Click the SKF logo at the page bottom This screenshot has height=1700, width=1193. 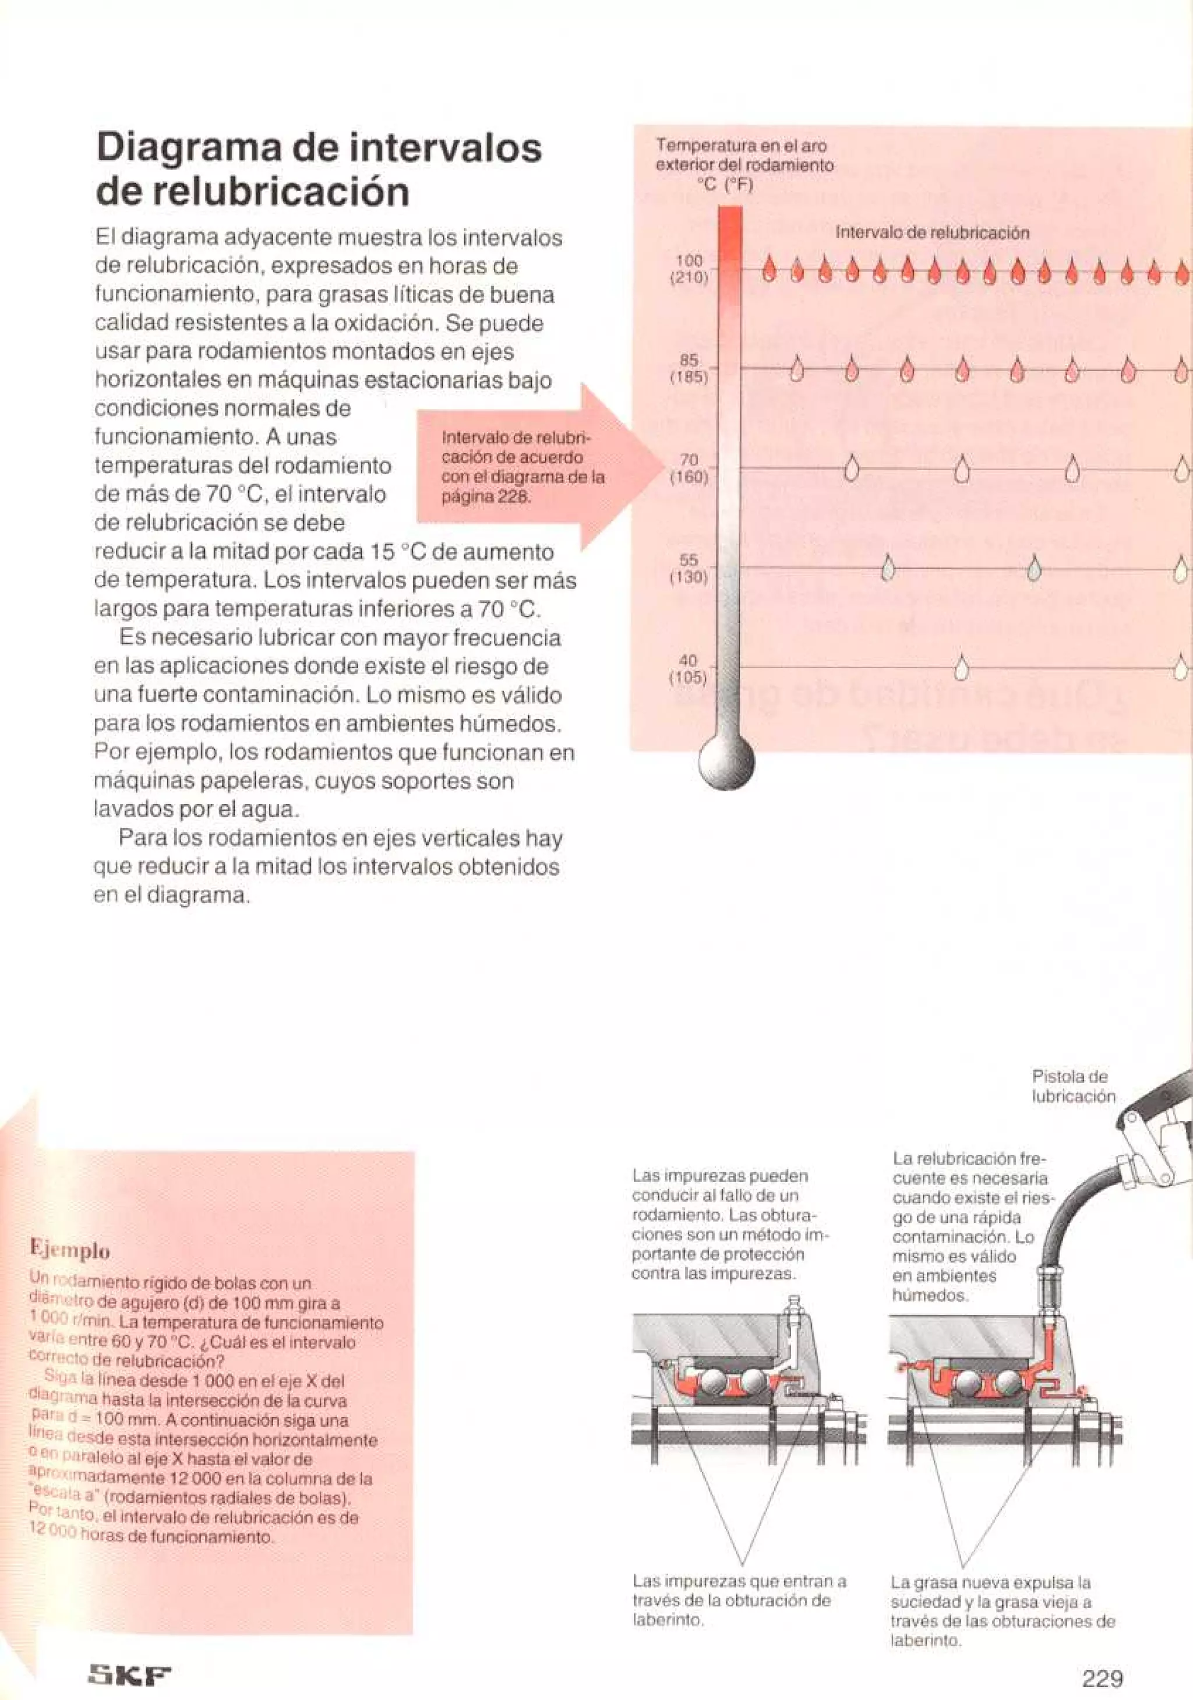point(129,1671)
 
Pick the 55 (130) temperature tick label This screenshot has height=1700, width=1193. point(690,569)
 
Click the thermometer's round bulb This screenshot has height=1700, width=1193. point(726,761)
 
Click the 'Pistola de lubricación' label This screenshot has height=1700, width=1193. point(1073,1086)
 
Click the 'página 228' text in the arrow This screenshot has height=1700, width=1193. point(486,496)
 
